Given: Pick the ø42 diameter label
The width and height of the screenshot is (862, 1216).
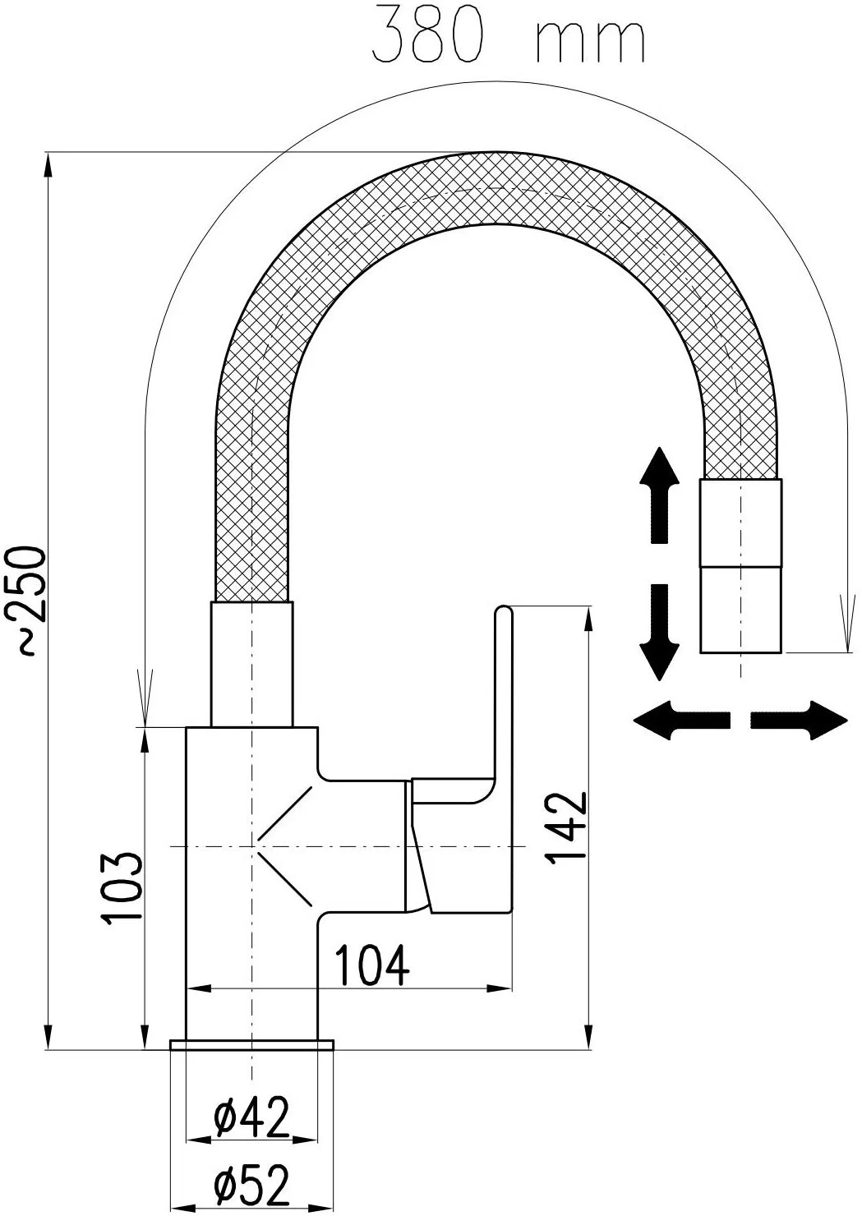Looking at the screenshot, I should (x=251, y=1117).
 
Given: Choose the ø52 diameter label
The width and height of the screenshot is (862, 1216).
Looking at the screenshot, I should (x=251, y=1186).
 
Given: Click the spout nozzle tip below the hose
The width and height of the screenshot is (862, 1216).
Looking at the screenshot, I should (x=740, y=609).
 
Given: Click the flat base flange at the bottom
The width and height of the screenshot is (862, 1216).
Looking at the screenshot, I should (x=251, y=1044).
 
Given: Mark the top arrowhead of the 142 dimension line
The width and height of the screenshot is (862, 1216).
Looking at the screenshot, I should (x=589, y=620).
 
